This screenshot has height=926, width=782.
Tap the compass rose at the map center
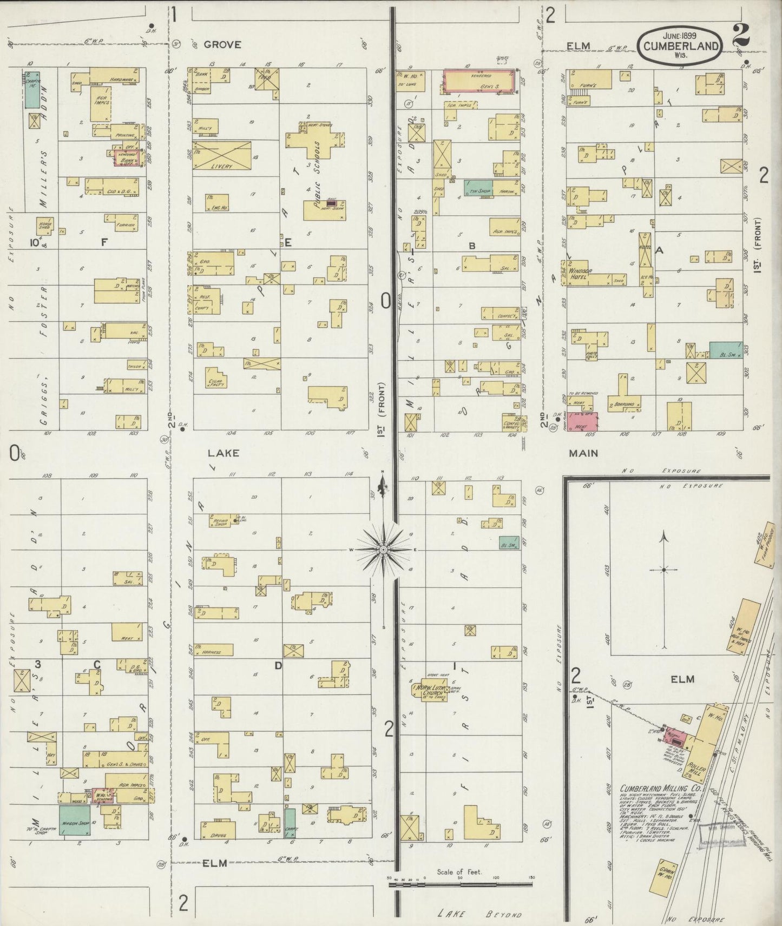(383, 550)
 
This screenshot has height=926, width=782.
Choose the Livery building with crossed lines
(222, 156)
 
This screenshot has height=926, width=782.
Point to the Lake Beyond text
(479, 914)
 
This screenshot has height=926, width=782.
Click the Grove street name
(222, 45)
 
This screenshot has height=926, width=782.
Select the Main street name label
(583, 453)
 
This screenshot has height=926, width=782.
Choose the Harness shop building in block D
(214, 650)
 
